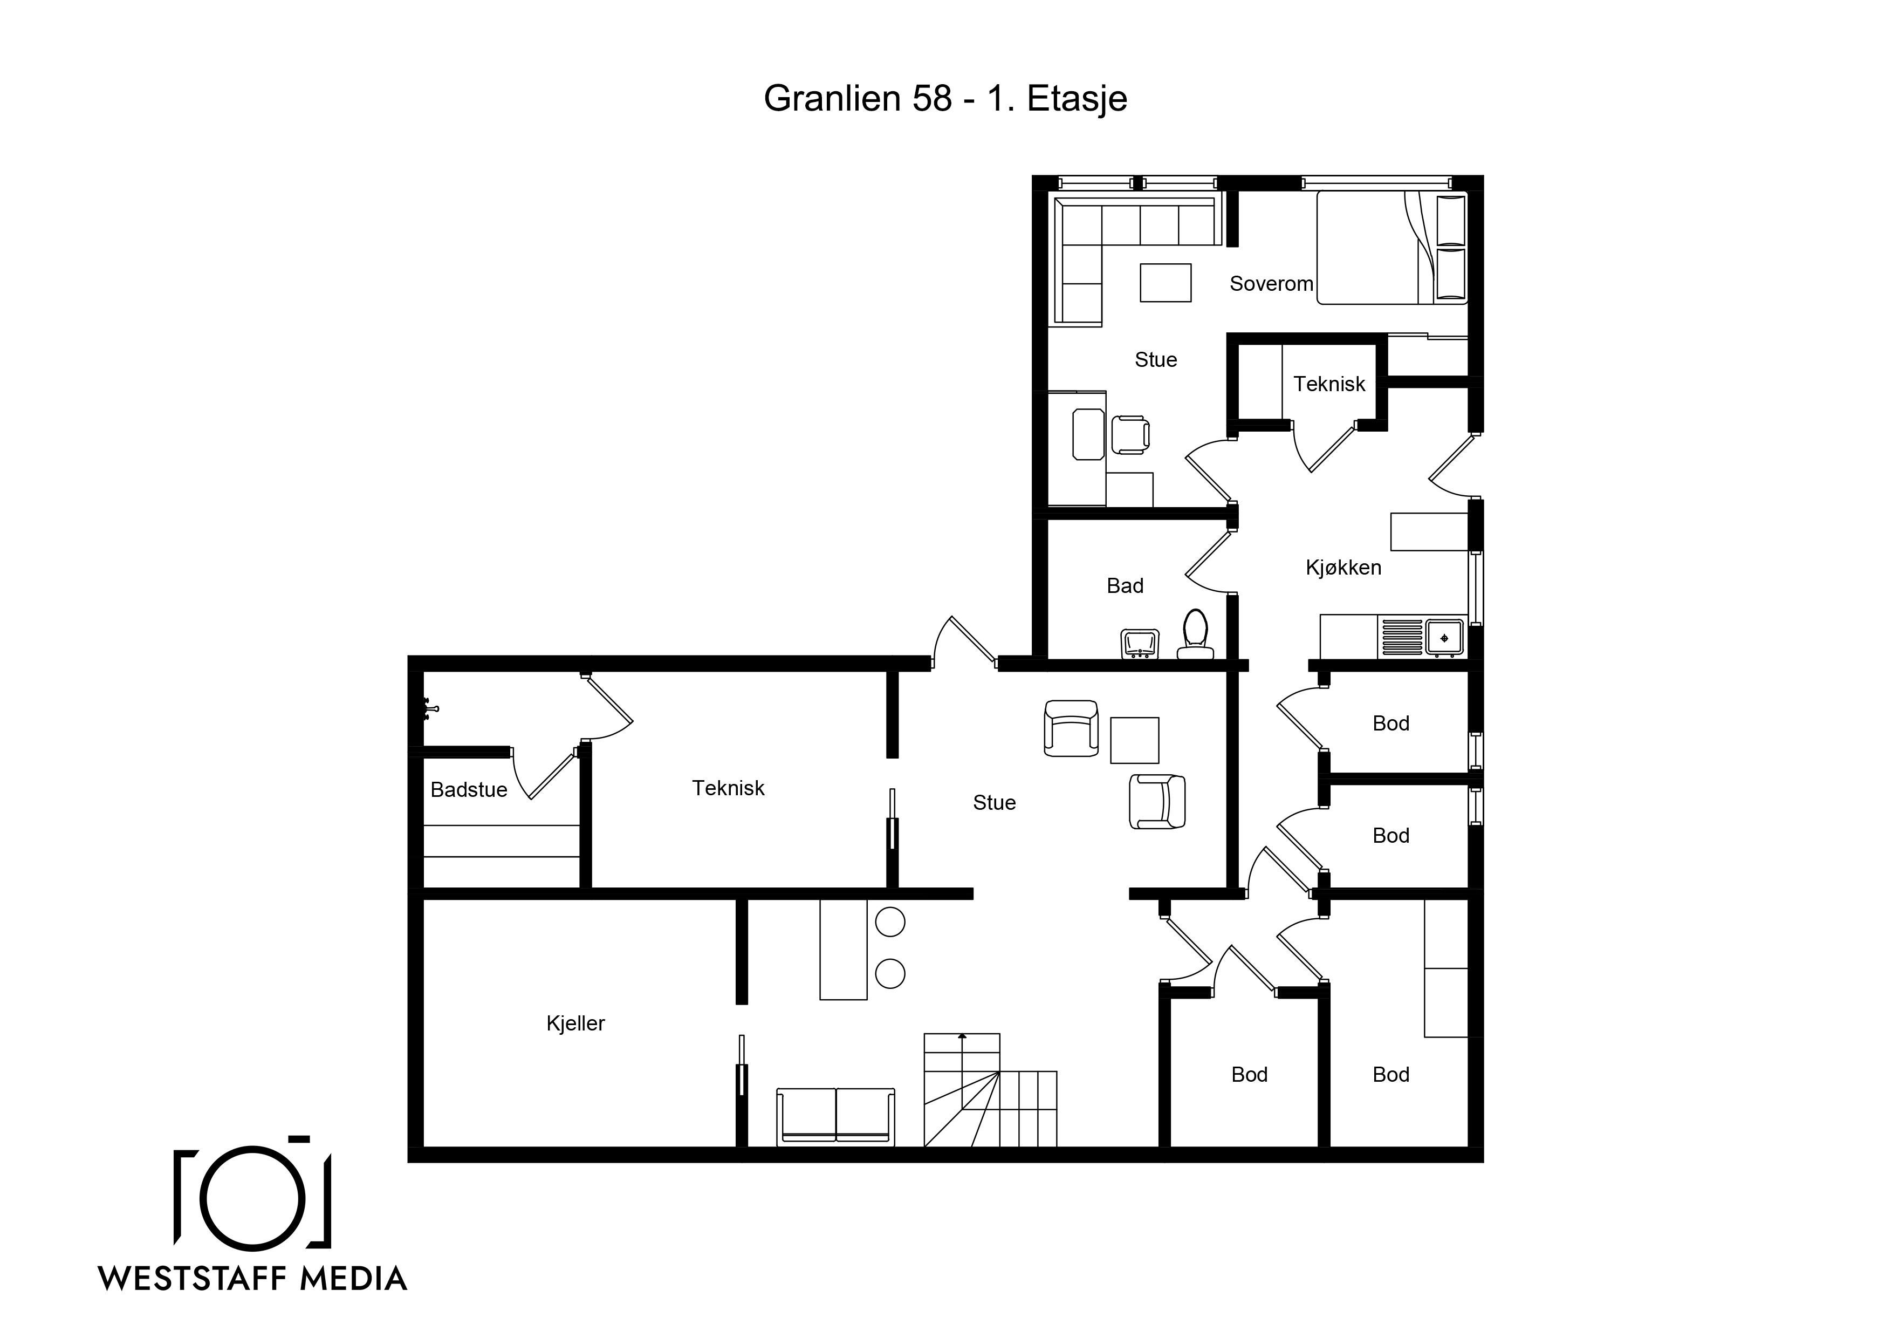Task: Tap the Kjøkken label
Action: [1343, 567]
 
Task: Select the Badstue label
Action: [469, 790]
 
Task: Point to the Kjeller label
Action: [575, 1023]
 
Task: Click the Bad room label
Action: [1125, 586]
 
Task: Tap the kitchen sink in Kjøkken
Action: [1444, 637]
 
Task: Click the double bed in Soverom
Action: [1392, 247]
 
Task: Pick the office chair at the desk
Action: [1130, 434]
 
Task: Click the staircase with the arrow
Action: [990, 1090]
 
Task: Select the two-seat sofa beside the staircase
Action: [835, 1116]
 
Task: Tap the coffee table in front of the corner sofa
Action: [1165, 283]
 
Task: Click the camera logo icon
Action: [253, 1194]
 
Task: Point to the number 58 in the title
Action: [932, 98]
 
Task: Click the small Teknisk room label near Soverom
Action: [1329, 384]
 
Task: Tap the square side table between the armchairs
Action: [1135, 740]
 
